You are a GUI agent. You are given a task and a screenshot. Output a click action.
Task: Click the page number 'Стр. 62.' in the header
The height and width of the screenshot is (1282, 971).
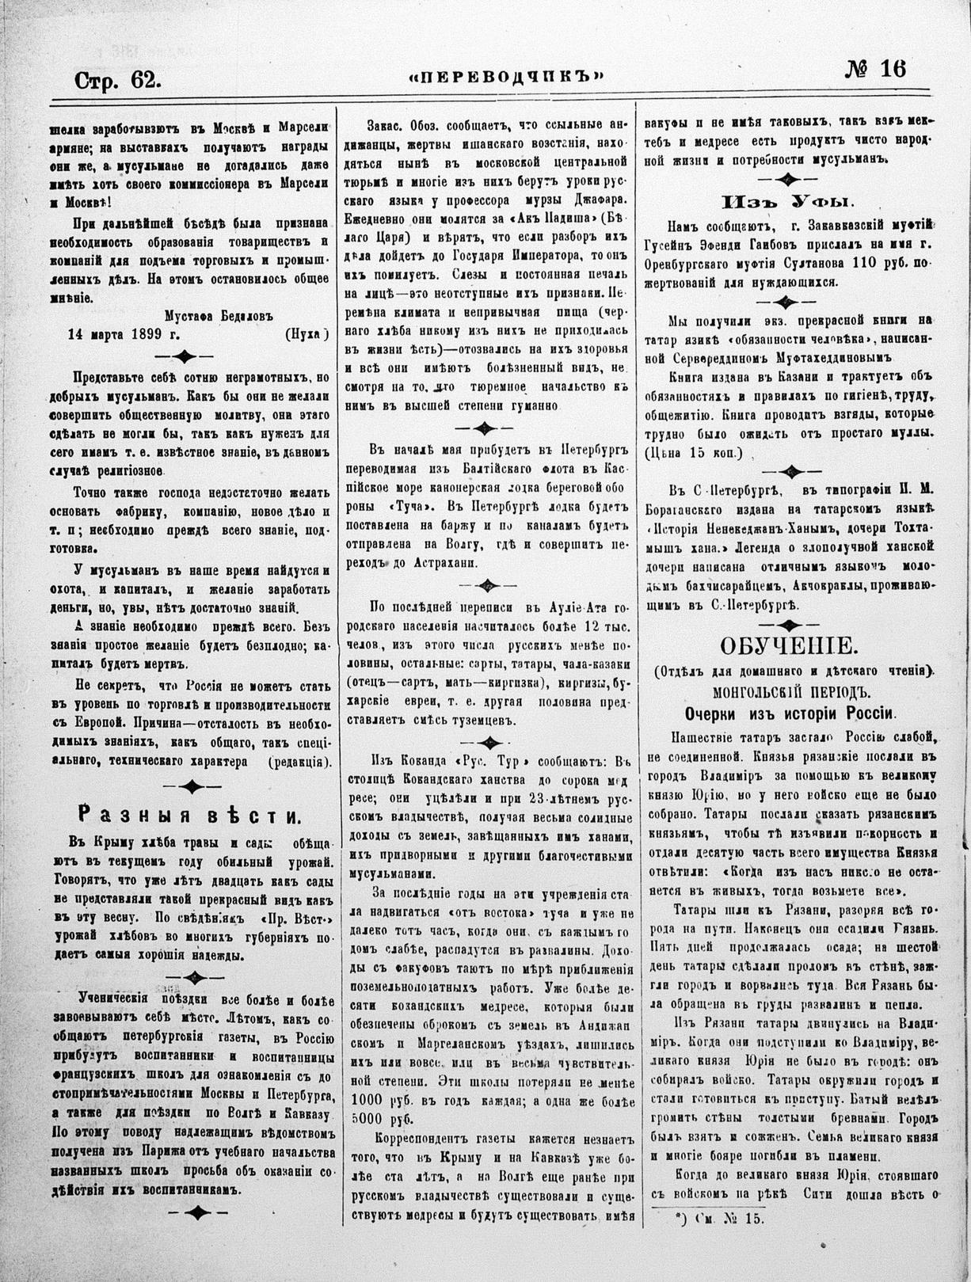click(x=118, y=80)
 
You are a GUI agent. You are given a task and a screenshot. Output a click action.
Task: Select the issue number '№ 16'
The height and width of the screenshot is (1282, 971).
click(x=874, y=70)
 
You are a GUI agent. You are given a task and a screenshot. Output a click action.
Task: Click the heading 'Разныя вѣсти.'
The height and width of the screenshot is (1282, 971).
click(x=188, y=816)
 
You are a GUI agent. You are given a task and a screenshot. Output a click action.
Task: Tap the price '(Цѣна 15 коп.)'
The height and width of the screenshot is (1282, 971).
click(x=695, y=455)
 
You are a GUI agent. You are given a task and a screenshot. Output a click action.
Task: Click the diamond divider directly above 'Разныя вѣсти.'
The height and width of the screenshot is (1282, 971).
click(x=190, y=786)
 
